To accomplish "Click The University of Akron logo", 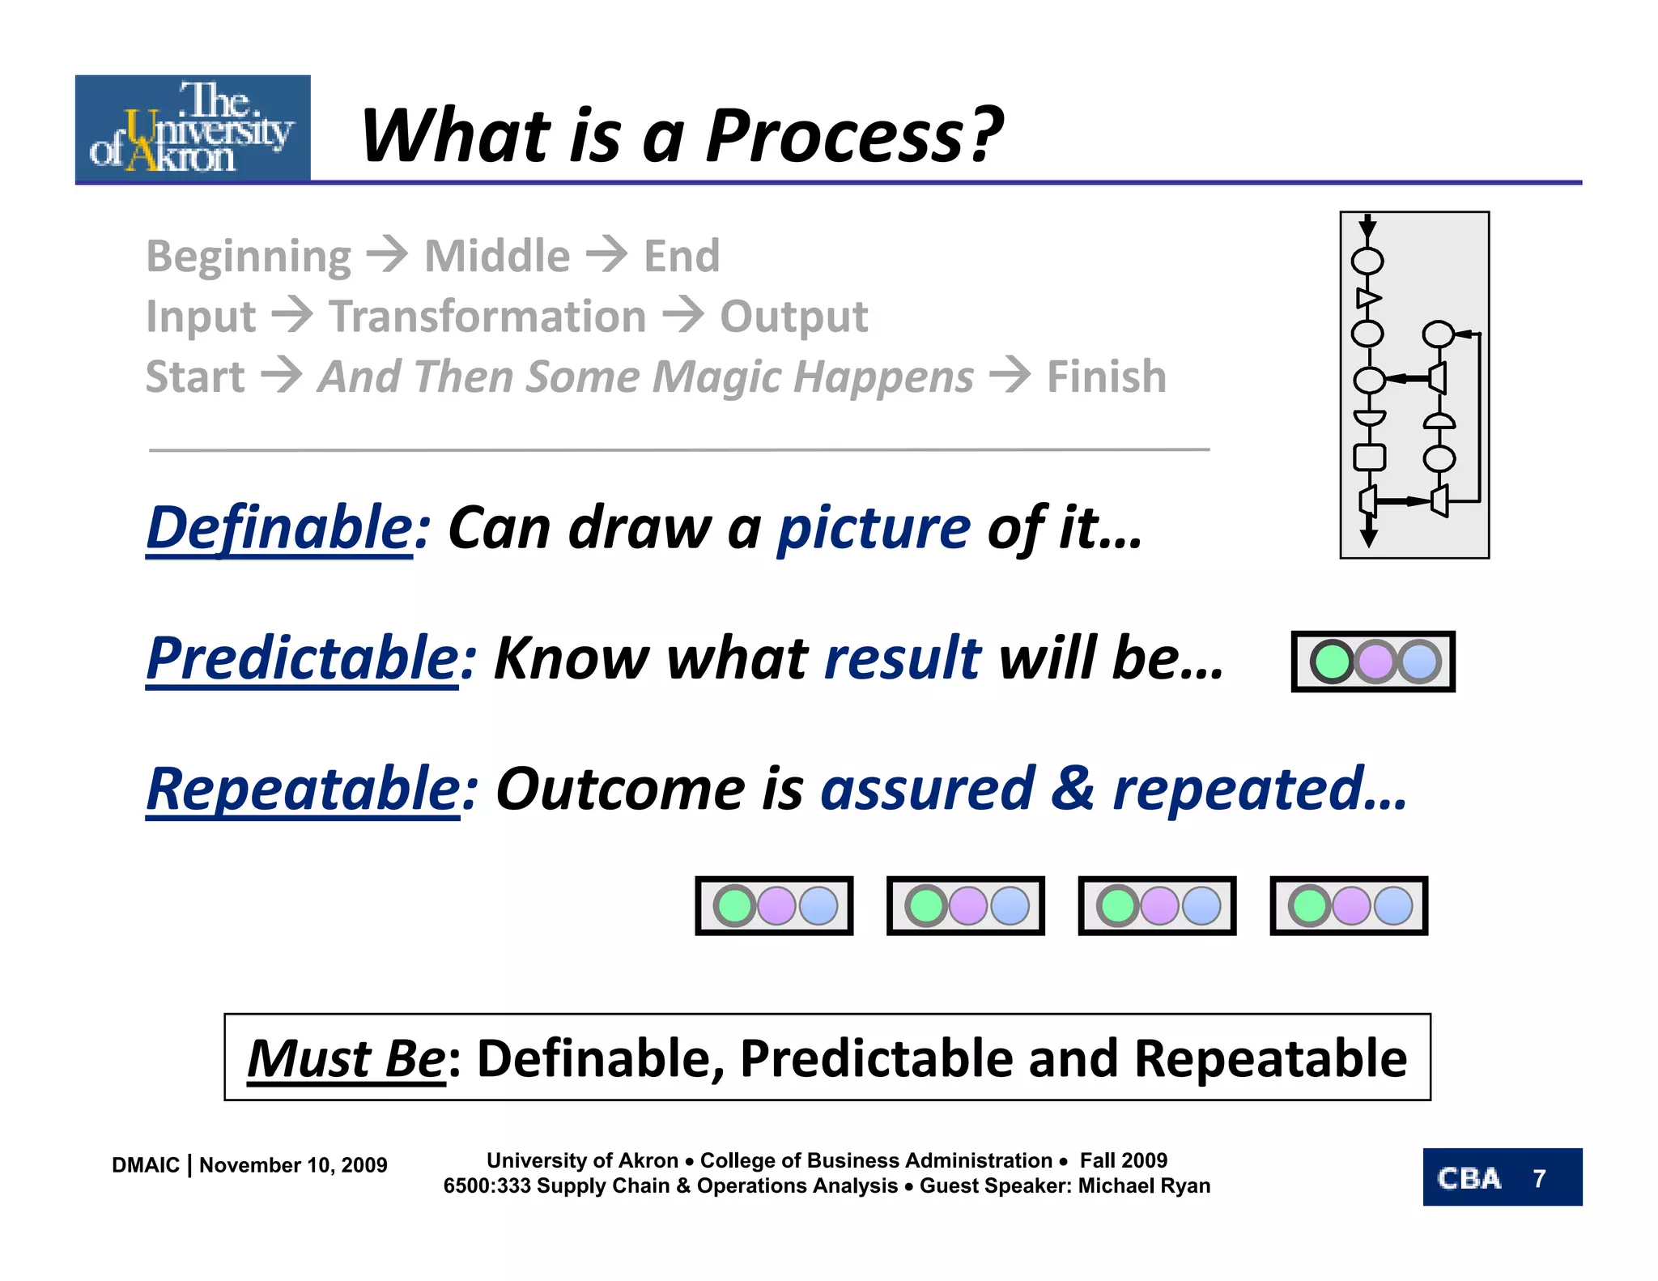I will pos(193,127).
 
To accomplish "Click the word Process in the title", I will pos(854,135).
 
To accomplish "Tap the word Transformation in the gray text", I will pos(487,316).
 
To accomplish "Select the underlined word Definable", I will pos(279,527).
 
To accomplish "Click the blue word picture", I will pos(874,527).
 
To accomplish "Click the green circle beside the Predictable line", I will pos(1331,662).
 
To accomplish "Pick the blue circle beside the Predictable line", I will pos(1420,662).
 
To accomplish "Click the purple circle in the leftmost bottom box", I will pos(777,906).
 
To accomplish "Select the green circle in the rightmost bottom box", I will pos(1309,906).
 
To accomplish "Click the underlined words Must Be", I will pos(346,1058).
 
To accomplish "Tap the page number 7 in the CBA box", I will pos(1539,1178).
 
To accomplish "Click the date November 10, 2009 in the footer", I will pos(293,1165).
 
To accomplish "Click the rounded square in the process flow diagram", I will pos(1369,457).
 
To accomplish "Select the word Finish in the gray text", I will pos(1107,377).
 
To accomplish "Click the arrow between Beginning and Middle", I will pos(387,254).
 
